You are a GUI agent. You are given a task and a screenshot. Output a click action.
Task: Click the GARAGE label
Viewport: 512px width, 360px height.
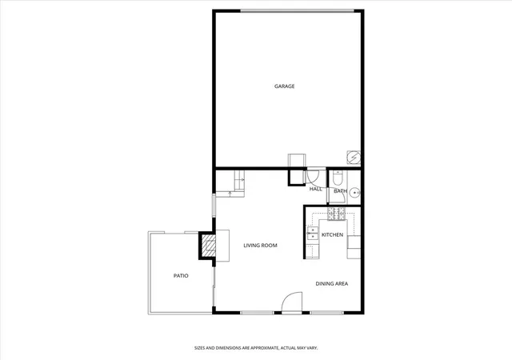[285, 86]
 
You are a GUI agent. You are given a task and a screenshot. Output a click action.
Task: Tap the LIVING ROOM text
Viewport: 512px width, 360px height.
[260, 246]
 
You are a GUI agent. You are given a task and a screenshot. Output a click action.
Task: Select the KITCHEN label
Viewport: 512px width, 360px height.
[333, 235]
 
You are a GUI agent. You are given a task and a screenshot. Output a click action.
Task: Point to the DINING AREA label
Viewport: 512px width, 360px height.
[332, 283]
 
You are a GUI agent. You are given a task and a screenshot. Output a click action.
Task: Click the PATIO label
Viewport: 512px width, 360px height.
[181, 276]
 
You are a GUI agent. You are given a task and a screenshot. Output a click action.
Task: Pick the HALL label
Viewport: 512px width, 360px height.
[316, 189]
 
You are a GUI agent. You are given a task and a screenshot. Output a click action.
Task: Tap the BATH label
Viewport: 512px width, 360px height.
[340, 190]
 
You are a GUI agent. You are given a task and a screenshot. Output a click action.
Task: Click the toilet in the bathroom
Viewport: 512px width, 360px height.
[338, 178]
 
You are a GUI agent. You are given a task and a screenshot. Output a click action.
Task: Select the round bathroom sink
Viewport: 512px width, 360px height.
[354, 193]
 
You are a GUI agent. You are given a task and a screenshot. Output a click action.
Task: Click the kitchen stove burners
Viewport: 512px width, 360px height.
[336, 214]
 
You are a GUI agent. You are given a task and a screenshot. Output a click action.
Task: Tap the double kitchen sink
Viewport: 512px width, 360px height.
[313, 234]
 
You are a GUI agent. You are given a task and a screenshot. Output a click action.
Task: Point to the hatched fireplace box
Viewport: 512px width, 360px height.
[209, 246]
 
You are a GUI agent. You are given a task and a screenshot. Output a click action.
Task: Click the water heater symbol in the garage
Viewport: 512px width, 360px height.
[354, 158]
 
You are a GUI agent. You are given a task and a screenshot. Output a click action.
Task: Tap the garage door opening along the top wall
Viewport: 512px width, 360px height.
[297, 11]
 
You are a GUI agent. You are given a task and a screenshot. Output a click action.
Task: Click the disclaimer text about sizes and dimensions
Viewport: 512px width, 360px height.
[256, 348]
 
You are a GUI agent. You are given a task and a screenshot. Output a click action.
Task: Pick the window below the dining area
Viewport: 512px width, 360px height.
[327, 313]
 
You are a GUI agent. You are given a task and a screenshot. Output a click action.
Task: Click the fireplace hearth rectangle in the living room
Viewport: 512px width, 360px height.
[222, 246]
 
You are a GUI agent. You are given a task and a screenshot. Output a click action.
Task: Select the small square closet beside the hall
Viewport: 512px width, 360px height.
[297, 177]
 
